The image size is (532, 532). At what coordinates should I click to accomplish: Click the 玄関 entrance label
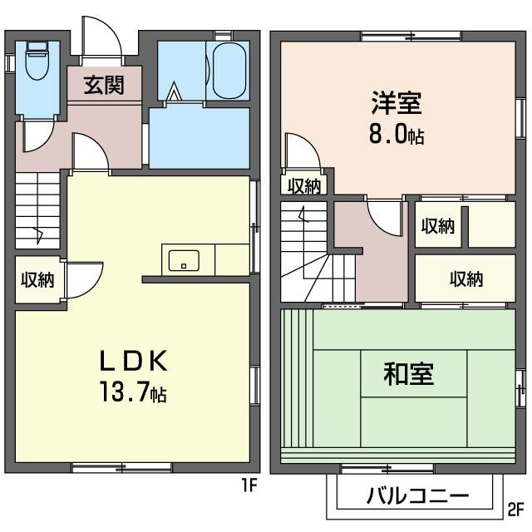103,85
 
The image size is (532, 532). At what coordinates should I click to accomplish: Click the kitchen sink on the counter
180,261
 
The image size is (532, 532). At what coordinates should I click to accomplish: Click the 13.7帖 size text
133,392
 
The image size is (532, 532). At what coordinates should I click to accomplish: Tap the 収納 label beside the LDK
37,280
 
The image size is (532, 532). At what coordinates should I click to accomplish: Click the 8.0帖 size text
397,134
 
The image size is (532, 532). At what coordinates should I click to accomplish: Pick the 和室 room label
407,375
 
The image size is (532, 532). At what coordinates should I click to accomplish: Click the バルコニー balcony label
418,496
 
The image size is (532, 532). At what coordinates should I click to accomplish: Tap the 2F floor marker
517,508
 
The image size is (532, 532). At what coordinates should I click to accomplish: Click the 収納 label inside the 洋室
304,186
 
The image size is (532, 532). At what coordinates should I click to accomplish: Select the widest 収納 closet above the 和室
465,279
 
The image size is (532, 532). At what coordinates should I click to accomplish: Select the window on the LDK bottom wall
121,467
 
